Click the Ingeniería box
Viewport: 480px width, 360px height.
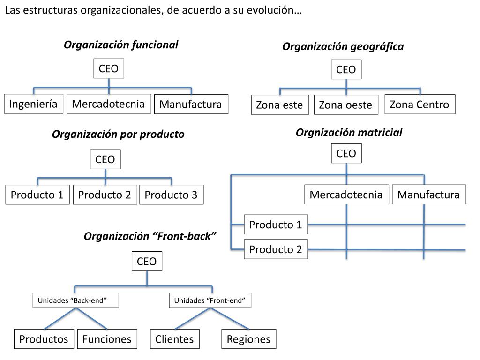(x=33, y=104)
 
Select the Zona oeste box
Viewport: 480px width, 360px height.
(x=345, y=105)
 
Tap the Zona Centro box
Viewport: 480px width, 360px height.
(x=419, y=105)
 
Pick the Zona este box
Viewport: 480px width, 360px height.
(x=279, y=105)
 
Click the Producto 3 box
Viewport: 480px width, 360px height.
(x=171, y=195)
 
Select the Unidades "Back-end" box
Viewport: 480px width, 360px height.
(x=75, y=300)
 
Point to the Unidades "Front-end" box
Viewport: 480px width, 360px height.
(x=210, y=300)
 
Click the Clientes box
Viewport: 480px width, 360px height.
(x=174, y=339)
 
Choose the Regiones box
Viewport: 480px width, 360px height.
(x=248, y=339)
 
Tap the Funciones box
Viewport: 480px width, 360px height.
(x=107, y=339)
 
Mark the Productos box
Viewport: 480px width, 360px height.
(x=44, y=339)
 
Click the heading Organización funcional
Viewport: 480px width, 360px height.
(x=121, y=45)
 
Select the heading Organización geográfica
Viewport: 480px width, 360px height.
(x=343, y=46)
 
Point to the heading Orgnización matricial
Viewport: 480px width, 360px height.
(x=349, y=133)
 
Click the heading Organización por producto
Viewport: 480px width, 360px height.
(x=118, y=135)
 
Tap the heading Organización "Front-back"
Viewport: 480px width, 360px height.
(x=150, y=236)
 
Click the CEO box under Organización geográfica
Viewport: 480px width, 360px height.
(x=346, y=70)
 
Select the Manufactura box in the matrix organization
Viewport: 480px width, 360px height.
(x=428, y=195)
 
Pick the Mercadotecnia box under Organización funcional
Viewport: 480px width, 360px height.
(x=108, y=104)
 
